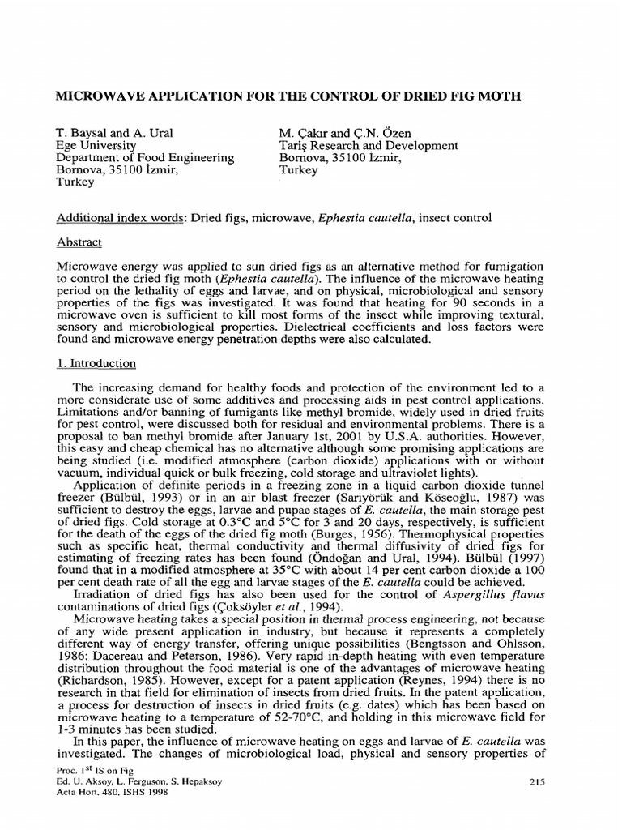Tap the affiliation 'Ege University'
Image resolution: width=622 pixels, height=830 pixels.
point(92,146)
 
